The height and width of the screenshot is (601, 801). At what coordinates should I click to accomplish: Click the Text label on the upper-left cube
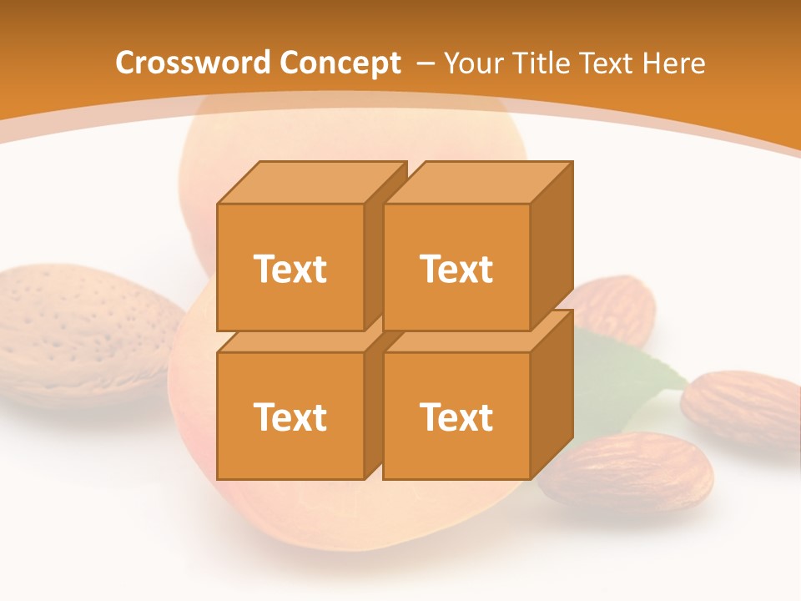point(290,269)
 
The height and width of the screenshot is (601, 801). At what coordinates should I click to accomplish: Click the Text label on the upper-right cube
point(456,269)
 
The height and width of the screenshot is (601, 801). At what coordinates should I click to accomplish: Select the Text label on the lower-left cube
point(290,417)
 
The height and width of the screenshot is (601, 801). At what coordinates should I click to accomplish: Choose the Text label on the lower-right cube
point(456,417)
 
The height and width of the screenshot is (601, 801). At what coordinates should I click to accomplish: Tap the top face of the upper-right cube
point(477,182)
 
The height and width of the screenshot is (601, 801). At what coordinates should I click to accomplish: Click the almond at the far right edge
point(743,409)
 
